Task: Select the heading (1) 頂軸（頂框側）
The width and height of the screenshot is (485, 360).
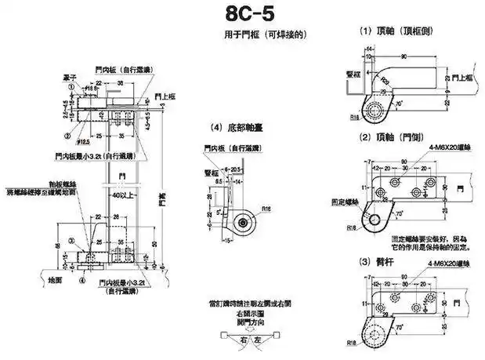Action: [x=389, y=33]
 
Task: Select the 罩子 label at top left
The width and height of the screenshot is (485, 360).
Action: [x=69, y=78]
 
